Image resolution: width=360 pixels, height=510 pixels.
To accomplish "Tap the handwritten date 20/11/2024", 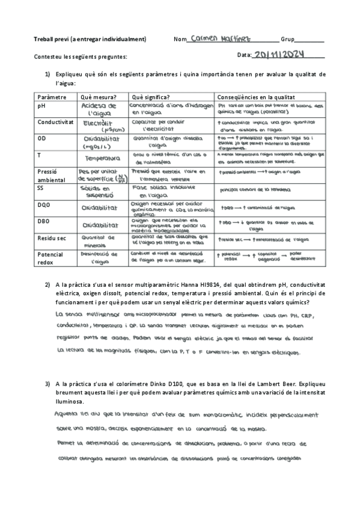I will [x=279, y=55].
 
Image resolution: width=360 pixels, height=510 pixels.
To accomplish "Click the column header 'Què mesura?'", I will [x=98, y=97].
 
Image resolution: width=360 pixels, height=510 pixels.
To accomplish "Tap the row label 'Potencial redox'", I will [x=50, y=258].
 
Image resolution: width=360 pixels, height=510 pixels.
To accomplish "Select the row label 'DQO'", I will [x=44, y=205].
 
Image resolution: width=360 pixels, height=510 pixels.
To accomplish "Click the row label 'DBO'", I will [x=44, y=222].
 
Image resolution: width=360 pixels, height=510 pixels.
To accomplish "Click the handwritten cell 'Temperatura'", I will [x=103, y=159].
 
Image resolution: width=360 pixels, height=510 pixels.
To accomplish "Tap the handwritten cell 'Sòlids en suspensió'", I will [x=101, y=192].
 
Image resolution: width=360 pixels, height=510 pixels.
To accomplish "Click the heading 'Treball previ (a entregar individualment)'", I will [x=90, y=40].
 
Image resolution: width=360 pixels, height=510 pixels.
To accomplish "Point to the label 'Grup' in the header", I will [x=287, y=40].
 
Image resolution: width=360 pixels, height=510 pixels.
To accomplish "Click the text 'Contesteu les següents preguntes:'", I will [x=81, y=57].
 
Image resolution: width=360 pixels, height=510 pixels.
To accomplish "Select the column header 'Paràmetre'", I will [x=52, y=97].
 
